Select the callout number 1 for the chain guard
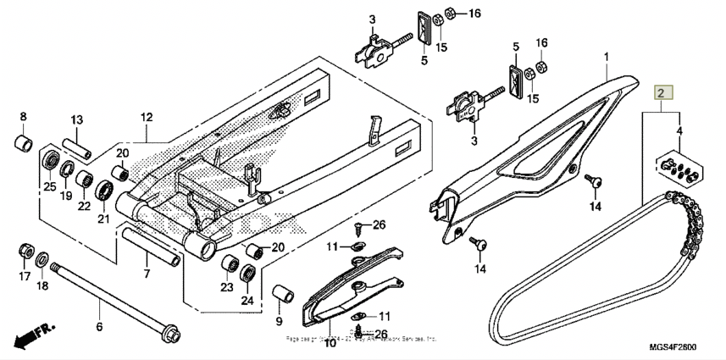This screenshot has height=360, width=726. click(x=607, y=58)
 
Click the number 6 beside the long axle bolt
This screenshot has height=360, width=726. click(x=98, y=326)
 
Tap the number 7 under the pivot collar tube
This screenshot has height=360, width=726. click(x=146, y=274)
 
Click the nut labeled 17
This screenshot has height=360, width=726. click(x=25, y=252)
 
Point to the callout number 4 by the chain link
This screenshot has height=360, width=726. click(x=679, y=130)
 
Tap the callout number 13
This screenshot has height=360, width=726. click(x=76, y=119)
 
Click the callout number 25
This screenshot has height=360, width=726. click(x=50, y=186)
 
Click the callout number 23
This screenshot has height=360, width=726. click(x=226, y=288)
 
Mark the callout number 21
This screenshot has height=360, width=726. click(x=104, y=219)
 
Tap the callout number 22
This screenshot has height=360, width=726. click(x=85, y=207)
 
